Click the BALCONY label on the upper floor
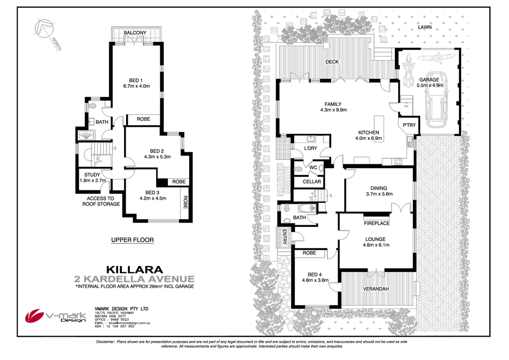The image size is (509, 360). click(135, 33)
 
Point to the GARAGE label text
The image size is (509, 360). click(428, 79)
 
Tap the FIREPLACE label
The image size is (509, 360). click(376, 224)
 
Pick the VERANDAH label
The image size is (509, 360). click(376, 288)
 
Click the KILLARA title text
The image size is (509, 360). click(135, 269)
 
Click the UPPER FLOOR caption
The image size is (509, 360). click(133, 240)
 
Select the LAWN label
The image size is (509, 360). click(425, 27)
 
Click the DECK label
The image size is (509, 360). click(332, 62)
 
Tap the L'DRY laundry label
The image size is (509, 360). click(311, 148)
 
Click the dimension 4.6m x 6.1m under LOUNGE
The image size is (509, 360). click(376, 245)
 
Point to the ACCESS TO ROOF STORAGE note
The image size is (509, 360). click(100, 201)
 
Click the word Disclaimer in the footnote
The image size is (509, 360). click(105, 342)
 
